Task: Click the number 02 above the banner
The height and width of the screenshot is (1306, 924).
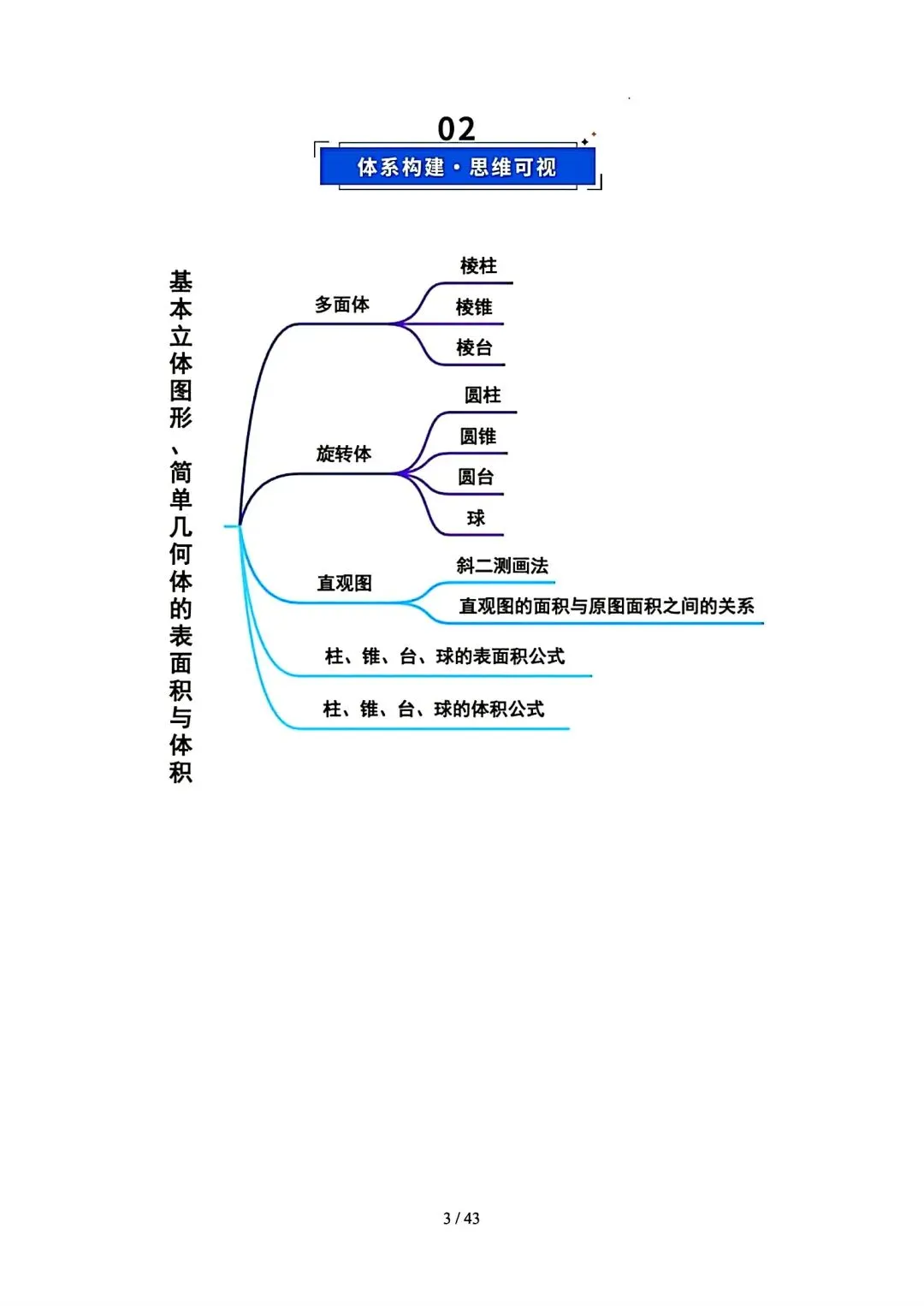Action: tap(456, 128)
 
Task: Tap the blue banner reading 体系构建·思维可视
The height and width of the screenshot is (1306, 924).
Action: tap(457, 167)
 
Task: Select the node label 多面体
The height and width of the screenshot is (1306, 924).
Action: tap(342, 305)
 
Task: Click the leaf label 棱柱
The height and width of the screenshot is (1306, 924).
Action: tap(478, 266)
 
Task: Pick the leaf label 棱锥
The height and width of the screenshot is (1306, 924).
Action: tap(474, 307)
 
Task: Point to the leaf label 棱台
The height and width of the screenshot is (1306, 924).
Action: tap(474, 347)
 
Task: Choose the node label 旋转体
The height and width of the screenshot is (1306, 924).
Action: tap(344, 454)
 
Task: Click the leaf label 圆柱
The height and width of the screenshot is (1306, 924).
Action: tap(483, 395)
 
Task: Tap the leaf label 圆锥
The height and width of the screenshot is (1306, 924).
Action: tap(478, 436)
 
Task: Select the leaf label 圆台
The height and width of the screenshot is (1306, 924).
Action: tap(476, 478)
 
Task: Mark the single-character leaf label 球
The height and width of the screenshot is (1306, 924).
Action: tap(476, 518)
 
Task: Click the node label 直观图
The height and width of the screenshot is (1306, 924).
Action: tap(345, 584)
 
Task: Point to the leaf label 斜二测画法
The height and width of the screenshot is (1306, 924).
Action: tap(502, 566)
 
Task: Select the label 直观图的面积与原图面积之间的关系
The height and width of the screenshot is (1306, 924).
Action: tap(607, 607)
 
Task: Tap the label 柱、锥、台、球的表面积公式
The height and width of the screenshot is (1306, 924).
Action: tap(445, 656)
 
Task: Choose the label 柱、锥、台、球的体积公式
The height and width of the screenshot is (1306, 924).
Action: tap(434, 709)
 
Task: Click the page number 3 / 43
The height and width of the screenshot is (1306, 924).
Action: tap(461, 1218)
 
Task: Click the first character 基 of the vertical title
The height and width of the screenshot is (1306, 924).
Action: tap(181, 282)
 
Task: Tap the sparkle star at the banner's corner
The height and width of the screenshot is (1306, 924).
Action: tap(586, 140)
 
